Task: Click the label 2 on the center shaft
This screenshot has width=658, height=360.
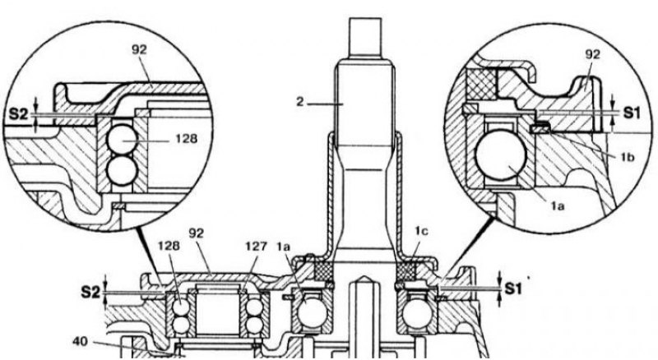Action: point(299,102)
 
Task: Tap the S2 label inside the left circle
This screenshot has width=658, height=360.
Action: point(18,113)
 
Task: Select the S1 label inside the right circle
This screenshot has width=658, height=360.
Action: point(631,113)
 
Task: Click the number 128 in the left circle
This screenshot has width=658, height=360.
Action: point(186,138)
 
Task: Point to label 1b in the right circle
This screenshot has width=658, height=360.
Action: point(628,157)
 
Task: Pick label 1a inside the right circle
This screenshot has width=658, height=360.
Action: point(558,205)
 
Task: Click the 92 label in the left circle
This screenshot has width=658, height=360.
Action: point(139,49)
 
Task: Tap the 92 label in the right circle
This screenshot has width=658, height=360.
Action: point(592,53)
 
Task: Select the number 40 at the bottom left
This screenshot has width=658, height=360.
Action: point(80,342)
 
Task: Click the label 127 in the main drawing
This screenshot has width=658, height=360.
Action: point(255,246)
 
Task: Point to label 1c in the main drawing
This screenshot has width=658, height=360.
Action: point(421,231)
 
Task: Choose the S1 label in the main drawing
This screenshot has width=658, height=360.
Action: point(512,288)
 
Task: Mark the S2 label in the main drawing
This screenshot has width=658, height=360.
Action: point(90,292)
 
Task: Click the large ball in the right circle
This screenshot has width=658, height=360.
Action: point(500,155)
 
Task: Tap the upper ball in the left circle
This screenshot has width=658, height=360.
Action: point(122,140)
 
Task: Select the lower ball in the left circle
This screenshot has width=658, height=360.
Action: point(122,171)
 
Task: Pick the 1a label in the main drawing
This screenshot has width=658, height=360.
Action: point(284,247)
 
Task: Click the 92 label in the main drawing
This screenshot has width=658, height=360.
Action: point(196,233)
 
